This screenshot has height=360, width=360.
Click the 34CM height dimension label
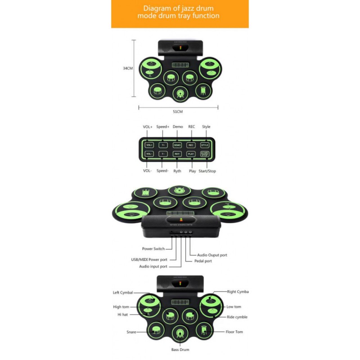pos(128,68)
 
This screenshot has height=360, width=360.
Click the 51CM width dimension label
pos(178,111)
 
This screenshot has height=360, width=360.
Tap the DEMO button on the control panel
pos(177,145)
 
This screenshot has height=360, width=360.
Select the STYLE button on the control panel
pos(205,145)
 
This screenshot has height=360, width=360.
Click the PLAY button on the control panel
pos(191,154)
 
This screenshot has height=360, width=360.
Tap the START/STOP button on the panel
pos(205,154)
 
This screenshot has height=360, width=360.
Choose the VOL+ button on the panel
pos(149,145)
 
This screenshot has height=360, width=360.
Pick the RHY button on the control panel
pos(177,154)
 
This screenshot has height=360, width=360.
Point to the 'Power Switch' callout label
pos(153,248)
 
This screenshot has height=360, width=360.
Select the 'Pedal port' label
pos(203,261)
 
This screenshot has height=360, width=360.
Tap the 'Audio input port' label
pos(153,266)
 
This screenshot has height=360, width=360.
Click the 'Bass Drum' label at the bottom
pos(180,350)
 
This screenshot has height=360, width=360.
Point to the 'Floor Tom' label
pos(234,332)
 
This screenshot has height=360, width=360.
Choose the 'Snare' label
pos(131,332)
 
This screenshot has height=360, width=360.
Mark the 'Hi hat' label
pos(123,314)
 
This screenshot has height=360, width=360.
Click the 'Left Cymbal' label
pos(123,292)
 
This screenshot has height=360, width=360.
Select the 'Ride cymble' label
pos(237,317)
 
